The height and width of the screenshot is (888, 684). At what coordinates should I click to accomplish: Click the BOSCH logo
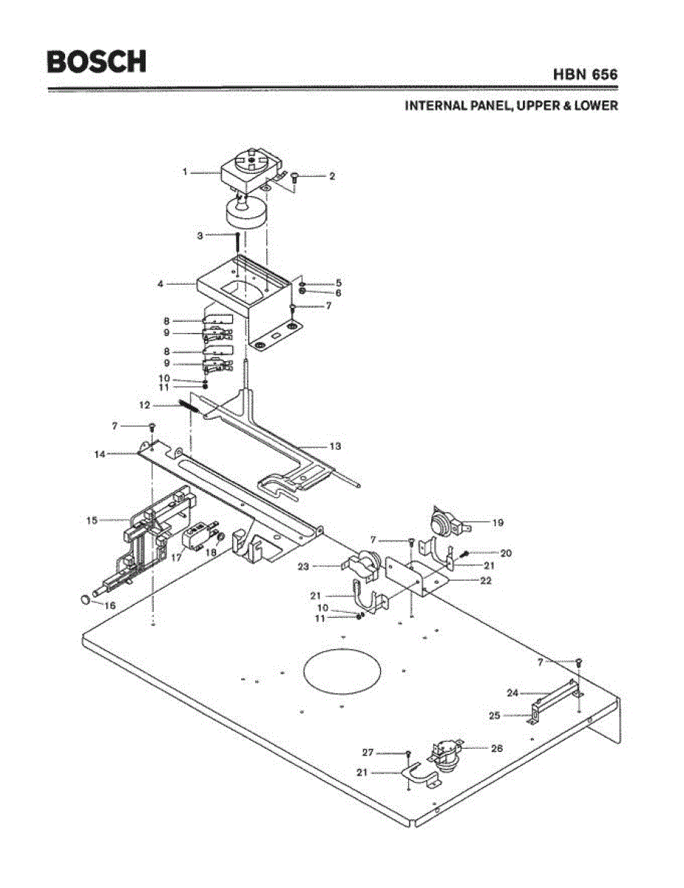(x=96, y=61)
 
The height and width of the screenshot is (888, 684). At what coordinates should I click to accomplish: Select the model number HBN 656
(x=585, y=74)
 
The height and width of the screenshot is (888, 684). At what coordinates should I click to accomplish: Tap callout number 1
(x=185, y=172)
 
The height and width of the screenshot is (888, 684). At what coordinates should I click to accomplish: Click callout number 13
(x=335, y=446)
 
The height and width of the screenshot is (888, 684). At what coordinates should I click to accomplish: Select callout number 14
(x=100, y=454)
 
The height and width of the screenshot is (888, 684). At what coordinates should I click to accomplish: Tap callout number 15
(x=92, y=520)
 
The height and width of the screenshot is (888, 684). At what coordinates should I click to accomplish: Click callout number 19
(x=498, y=522)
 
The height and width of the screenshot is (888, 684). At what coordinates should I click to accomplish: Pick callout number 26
(x=497, y=748)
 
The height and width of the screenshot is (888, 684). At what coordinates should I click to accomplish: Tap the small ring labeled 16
(x=85, y=599)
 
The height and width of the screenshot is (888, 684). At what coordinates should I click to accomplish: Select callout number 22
(x=485, y=580)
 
